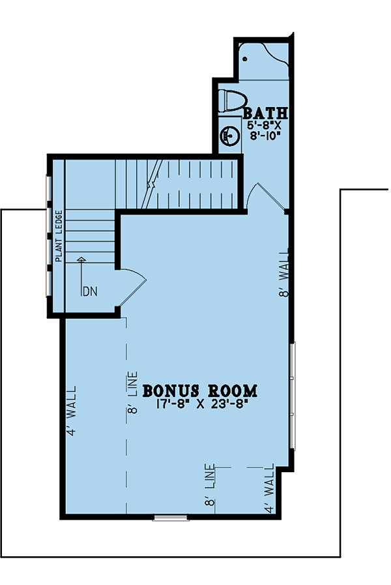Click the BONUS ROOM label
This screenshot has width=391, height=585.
coord(200,391)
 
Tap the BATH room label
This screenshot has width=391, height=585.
coord(265,113)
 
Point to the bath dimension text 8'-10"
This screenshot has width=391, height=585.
coord(265,136)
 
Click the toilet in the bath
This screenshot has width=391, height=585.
coord(233,101)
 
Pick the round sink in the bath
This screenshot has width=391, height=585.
coord(229,136)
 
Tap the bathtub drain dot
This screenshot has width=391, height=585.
coord(245,59)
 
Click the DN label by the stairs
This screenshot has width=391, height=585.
coord(90,292)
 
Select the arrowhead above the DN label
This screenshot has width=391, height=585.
coord(81,260)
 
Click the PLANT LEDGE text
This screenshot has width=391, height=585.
coord(59,236)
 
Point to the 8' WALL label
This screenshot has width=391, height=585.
coord(284,274)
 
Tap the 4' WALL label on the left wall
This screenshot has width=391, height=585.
coord(71,411)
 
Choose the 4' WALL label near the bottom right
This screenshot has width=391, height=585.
coord(269,488)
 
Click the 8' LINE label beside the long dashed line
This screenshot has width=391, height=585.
coord(133,393)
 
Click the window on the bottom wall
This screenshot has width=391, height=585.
coord(171,517)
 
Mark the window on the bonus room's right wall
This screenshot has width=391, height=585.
coord(293,397)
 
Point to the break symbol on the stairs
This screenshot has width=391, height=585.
coord(152,185)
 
